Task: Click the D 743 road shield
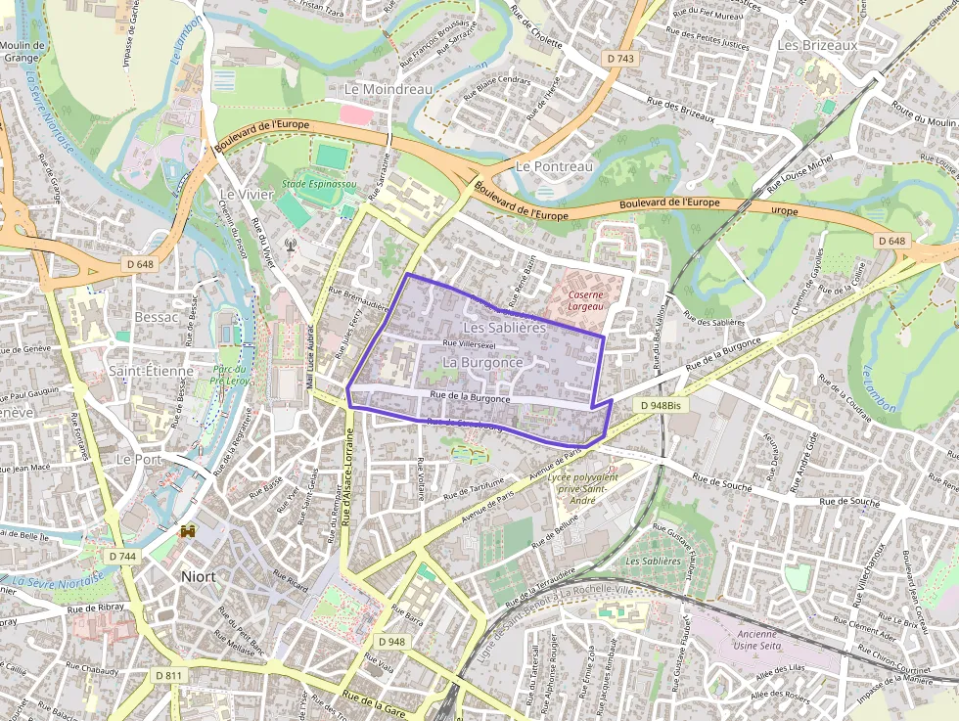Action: tap(620, 59)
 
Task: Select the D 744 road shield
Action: tap(122, 556)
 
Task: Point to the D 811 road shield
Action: tap(168, 676)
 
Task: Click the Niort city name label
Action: tap(199, 576)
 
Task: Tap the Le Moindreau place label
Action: tap(388, 89)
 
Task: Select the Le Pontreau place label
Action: tap(554, 166)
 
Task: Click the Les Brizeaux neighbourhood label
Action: tap(817, 45)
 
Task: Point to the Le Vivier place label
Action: tap(247, 194)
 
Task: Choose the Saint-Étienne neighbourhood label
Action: tap(150, 371)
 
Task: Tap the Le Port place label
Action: tap(139, 458)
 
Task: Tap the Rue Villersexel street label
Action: tap(470, 344)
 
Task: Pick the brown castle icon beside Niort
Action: tap(188, 531)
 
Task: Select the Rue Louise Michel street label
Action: tap(799, 171)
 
